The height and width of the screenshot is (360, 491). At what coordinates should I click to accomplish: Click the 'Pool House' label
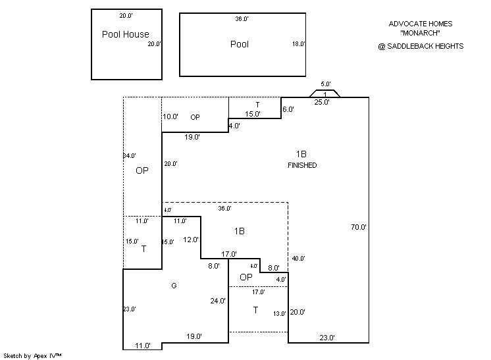(x=125, y=34)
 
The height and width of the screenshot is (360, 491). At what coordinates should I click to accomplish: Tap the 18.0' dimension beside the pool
(x=298, y=44)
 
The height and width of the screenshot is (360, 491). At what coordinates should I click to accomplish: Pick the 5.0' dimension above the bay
(x=326, y=84)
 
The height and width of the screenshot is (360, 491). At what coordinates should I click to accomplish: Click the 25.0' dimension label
(x=322, y=102)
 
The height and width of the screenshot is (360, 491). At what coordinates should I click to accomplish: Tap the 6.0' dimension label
(x=288, y=109)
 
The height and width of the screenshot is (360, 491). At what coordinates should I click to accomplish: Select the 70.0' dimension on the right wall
(x=359, y=227)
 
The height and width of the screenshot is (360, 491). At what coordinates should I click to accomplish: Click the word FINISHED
(x=302, y=165)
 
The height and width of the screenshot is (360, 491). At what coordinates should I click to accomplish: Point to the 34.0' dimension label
(x=129, y=156)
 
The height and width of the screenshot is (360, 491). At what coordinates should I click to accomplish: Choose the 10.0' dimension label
(x=170, y=116)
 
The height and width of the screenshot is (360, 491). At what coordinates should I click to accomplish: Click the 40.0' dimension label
(x=298, y=259)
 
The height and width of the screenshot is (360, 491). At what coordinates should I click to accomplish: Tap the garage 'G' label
(x=174, y=286)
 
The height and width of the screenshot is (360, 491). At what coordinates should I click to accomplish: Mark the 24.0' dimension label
(x=218, y=301)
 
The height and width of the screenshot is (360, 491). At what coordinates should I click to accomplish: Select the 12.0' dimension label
(x=191, y=240)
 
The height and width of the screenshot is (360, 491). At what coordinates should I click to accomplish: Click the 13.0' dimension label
(x=280, y=314)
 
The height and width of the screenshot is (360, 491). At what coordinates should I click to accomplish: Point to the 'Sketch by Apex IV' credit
(x=33, y=355)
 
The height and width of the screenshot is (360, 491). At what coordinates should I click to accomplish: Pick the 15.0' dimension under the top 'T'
(x=253, y=114)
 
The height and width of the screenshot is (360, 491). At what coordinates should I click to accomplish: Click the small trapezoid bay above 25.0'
(x=324, y=93)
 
